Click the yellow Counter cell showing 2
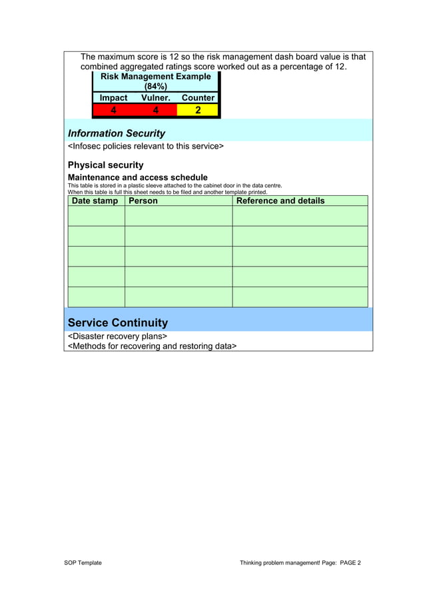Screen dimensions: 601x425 pos(198,110)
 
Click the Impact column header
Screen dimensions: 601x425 pos(113,98)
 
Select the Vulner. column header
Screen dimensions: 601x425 pos(156,98)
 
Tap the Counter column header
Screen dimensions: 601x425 pos(198,98)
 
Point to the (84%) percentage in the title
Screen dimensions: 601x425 pos(155,87)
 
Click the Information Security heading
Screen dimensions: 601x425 pos(117,133)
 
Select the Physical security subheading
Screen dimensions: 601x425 pos(105,165)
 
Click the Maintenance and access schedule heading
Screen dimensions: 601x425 pos(138,177)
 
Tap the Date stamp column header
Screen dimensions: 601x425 pos(95,201)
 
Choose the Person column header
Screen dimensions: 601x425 pos(143,201)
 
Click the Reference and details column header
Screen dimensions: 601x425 pos(280,201)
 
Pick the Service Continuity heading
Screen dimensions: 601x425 pos(118,322)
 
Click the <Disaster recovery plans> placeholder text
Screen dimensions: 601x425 pos(117,336)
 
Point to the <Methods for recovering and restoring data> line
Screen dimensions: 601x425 pos(152,346)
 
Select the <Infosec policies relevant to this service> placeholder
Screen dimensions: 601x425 pos(146,147)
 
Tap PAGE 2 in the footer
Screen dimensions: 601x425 pos(350,563)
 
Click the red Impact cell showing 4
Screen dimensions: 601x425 pos(113,110)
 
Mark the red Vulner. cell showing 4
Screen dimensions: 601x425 pos(156,110)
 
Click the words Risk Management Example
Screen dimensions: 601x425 pos(155,77)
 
